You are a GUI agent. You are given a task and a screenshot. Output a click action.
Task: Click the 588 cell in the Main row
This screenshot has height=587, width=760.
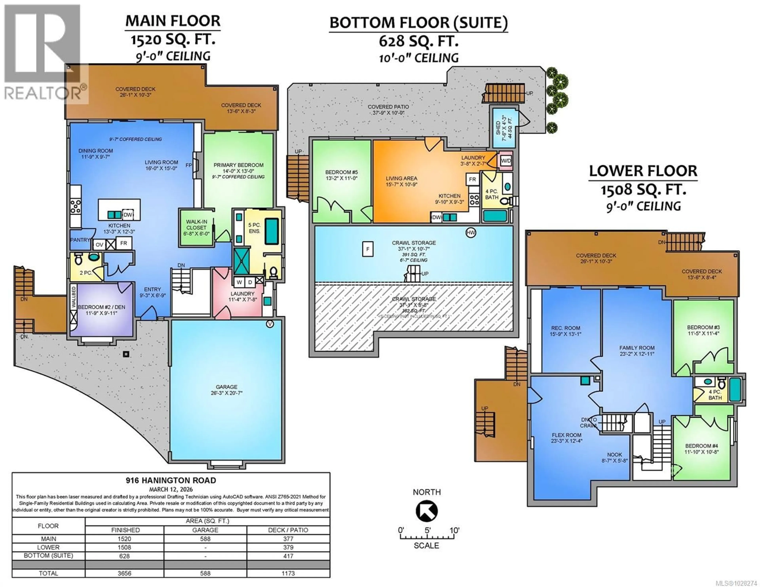(205, 539)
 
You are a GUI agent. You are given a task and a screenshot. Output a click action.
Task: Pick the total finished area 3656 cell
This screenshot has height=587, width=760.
(124, 573)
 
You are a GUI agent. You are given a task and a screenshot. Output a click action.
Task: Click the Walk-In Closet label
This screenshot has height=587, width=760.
(196, 228)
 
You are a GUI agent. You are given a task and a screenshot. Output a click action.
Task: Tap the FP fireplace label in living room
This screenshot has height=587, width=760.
(189, 165)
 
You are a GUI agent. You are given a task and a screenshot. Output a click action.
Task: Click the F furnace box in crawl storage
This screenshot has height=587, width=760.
(368, 249)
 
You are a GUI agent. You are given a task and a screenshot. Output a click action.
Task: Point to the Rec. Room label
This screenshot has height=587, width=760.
(565, 331)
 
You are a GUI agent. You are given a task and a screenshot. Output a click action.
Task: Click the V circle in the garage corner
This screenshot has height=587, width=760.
(270, 324)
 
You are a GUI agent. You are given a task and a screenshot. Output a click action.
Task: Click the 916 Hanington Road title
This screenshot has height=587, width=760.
(171, 481)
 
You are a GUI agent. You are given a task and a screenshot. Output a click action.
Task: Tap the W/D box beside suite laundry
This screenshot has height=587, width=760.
(506, 161)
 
